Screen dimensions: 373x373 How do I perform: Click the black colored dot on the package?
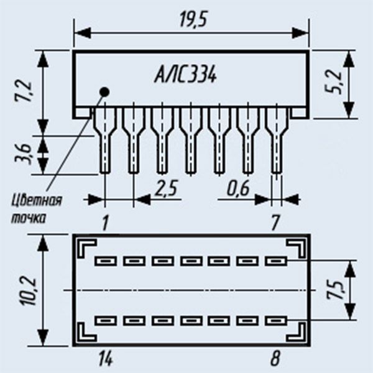104,92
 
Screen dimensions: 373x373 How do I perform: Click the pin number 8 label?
275,359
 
